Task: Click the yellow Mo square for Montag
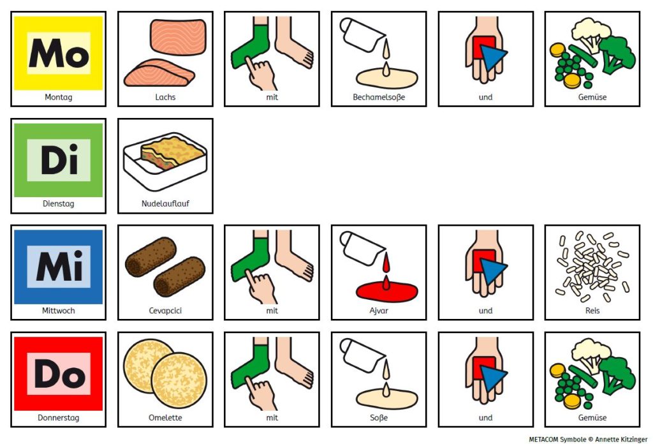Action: [x=58, y=54]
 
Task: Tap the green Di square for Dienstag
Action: [x=58, y=160]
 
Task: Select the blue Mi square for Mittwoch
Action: [x=58, y=267]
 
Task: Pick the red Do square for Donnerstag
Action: [x=58, y=374]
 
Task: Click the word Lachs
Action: [x=165, y=97]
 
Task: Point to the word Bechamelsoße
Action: [x=379, y=97]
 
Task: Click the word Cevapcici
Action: [x=165, y=311]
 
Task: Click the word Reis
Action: [x=592, y=311]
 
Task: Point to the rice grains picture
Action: [x=592, y=266]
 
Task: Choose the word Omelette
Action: [x=165, y=417]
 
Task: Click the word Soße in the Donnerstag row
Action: [x=379, y=417]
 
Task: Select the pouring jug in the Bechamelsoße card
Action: [x=360, y=35]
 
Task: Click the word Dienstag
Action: [x=58, y=204]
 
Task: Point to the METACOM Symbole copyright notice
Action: [x=588, y=439]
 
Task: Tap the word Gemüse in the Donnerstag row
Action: [x=592, y=417]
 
